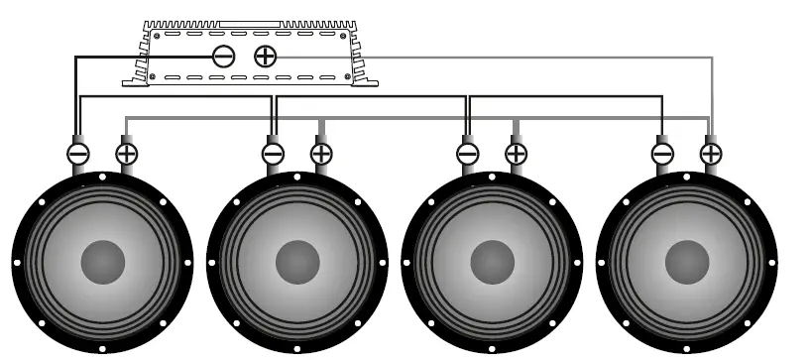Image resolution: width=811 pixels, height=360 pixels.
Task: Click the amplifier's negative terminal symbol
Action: pos(224,57)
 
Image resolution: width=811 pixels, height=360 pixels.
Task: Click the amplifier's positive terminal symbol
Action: pos(266,57)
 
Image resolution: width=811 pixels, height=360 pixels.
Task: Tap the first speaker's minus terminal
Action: pos(78,154)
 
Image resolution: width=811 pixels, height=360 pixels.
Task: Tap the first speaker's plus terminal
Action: pos(127,154)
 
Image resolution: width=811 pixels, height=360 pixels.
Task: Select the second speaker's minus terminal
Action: pos(273,154)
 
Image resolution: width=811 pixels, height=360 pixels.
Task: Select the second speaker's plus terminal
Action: pos(321,154)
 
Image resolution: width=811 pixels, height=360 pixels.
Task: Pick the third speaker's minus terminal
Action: pos(467,154)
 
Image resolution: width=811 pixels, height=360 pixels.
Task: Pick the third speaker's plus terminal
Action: pos(516,154)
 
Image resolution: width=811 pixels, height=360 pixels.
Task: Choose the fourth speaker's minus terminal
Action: pos(662,154)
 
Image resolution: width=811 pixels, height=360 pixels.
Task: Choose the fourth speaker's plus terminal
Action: pos(711,154)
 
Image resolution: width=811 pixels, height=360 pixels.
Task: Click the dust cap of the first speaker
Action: pos(103,263)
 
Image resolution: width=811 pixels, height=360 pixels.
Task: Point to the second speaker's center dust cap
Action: pos(297,263)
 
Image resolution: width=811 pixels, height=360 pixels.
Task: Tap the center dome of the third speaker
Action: pos(492,263)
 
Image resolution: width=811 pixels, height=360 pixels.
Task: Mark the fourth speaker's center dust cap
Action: pos(686,263)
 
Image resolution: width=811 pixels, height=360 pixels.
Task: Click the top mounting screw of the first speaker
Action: pos(103,178)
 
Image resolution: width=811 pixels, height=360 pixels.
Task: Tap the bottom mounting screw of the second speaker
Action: pos(297,349)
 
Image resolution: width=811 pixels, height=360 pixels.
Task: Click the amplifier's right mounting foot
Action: pos(366,81)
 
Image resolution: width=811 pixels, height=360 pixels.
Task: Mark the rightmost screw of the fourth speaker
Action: pos(772,263)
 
